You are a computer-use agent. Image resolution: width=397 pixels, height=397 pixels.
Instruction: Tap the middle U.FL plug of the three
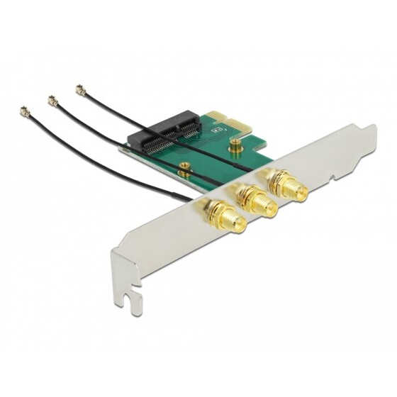tap(52, 101)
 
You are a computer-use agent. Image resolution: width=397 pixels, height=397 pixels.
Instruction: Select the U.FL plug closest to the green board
tap(79, 90)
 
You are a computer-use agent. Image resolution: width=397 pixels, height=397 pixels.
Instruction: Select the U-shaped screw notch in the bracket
tap(130, 301)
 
